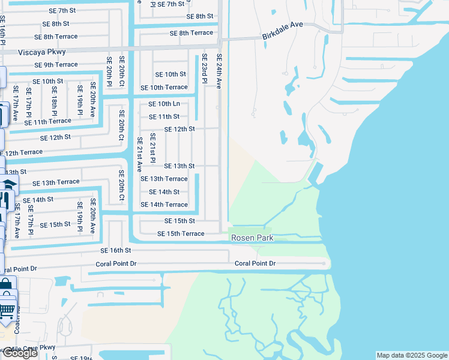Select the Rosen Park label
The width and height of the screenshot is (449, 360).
click(x=253, y=238)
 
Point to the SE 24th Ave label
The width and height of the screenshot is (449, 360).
click(x=220, y=70)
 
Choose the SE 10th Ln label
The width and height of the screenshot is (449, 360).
click(x=164, y=104)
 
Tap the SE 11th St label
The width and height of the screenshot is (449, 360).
click(x=164, y=117)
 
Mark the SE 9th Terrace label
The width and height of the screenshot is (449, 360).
click(x=56, y=65)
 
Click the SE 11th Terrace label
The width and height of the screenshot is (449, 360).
click(x=47, y=122)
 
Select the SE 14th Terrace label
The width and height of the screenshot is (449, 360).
click(x=164, y=205)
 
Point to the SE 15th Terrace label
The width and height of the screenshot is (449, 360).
click(x=181, y=233)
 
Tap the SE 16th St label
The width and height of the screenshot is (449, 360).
click(x=116, y=250)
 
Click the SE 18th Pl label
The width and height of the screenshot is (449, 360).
click(x=54, y=105)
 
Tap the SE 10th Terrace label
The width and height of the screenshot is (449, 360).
click(x=164, y=88)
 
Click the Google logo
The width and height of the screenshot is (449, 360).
click(x=19, y=353)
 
